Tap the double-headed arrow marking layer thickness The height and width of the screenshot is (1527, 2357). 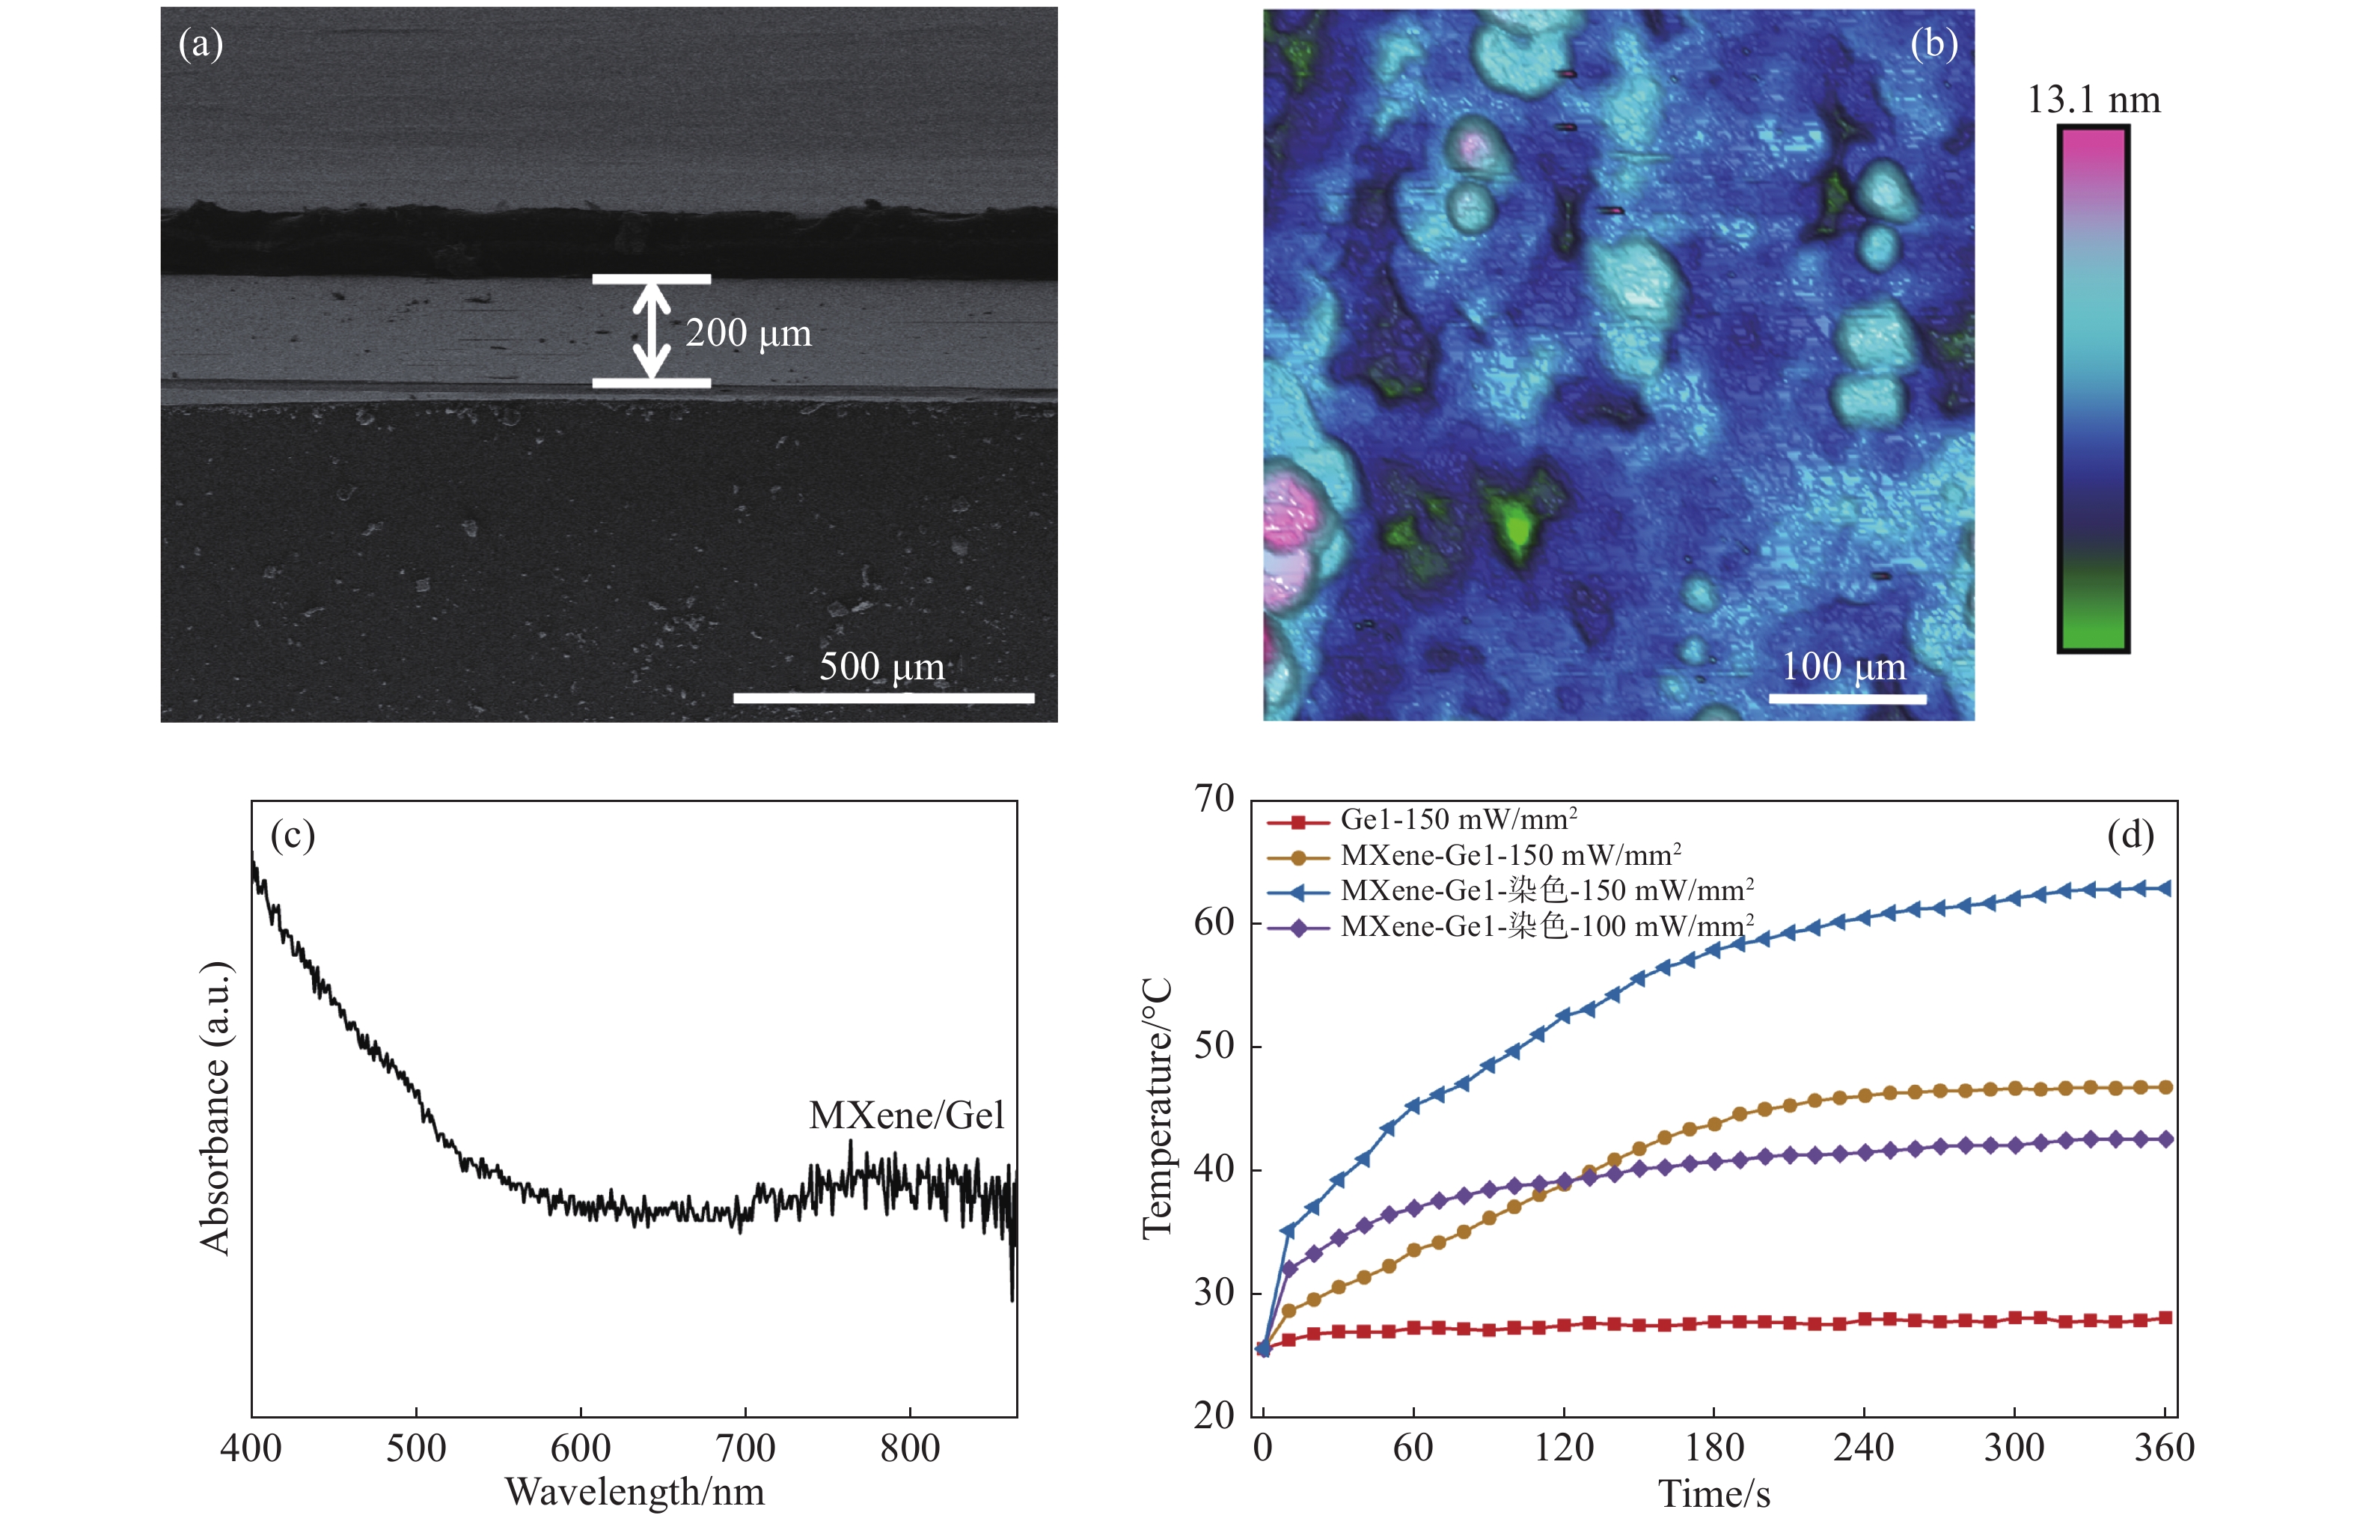651,331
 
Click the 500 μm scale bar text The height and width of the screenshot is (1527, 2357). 881,667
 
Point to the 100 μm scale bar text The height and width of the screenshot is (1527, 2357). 1844,667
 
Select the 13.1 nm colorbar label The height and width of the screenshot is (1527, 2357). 2094,100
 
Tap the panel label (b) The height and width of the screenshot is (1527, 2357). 1933,45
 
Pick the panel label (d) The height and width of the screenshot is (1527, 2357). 2130,836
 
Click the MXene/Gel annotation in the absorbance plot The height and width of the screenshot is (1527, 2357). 906,1116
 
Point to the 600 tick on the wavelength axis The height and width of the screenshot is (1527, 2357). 581,1448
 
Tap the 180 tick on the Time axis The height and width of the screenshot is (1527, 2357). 1714,1448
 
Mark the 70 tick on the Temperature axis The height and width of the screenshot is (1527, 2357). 1214,799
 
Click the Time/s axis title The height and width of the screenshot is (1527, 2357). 1714,1494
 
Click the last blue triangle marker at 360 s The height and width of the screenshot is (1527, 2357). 2165,888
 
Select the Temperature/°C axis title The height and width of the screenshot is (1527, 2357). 1158,1108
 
